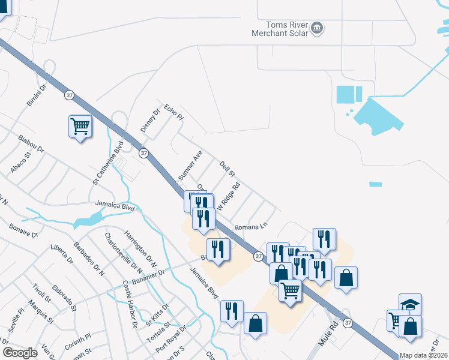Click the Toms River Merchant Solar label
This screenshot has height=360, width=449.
point(280,29)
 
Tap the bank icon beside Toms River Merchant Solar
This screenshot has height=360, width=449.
point(317,28)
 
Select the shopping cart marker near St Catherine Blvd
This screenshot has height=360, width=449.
point(80,127)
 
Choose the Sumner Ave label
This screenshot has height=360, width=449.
point(190,166)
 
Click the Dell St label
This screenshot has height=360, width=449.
point(226,167)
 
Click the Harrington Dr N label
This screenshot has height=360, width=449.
point(140,247)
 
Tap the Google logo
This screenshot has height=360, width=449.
point(20,352)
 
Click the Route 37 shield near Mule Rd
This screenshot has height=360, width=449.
point(348,323)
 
